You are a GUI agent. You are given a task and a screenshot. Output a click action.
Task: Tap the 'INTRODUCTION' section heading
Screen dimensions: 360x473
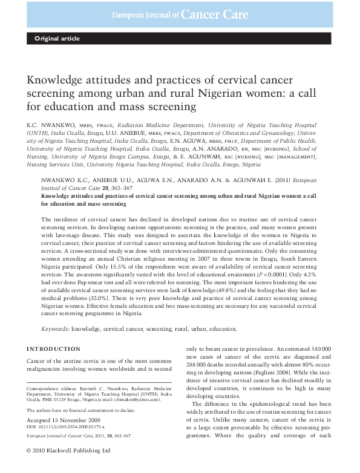tap(54, 349)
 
